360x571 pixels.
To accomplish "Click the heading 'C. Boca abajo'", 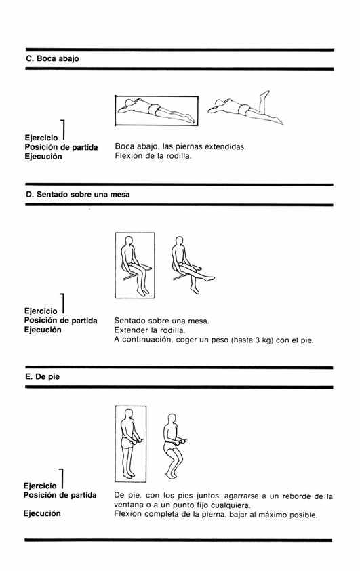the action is [x=52, y=58].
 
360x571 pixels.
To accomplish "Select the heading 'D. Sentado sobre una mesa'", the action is [x=77, y=195].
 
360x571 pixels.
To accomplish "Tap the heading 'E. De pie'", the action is [x=42, y=377].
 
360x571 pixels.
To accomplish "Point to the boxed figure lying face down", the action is [x=157, y=110].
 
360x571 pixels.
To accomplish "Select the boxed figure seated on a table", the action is [x=135, y=265].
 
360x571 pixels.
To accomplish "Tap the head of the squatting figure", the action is [x=172, y=419].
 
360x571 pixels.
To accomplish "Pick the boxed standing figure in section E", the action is [x=131, y=444].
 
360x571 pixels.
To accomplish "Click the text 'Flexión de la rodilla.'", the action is [x=153, y=156].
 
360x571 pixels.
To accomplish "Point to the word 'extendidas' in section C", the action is [x=225, y=147].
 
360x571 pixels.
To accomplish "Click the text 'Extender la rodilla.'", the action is [x=150, y=330].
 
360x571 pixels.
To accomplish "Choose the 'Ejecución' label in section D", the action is [x=43, y=330].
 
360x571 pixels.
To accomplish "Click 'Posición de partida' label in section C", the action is [x=61, y=147].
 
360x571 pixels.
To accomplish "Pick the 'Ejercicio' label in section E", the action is [x=40, y=486].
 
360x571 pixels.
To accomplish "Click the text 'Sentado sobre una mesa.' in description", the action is [x=161, y=321].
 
